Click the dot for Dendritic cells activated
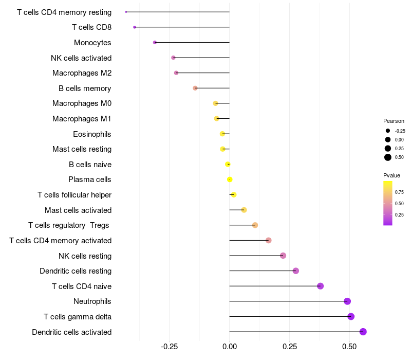pos(363,332)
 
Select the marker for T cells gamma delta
pos(351,316)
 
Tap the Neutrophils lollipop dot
pos(347,301)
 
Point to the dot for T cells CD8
pos(135,27)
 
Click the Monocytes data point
pos(155,42)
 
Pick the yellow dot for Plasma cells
pos(230,179)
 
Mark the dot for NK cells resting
pos(283,256)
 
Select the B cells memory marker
pos(195,88)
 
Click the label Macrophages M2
pos(82,73)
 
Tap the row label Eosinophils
pos(92,134)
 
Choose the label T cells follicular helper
pos(74,195)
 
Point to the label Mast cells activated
pos(78,210)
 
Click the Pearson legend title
pos(394,121)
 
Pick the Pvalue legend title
pos(391,175)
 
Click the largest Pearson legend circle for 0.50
pos(388,157)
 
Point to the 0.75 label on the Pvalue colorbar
pos(399,192)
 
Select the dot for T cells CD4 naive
pos(321,286)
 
